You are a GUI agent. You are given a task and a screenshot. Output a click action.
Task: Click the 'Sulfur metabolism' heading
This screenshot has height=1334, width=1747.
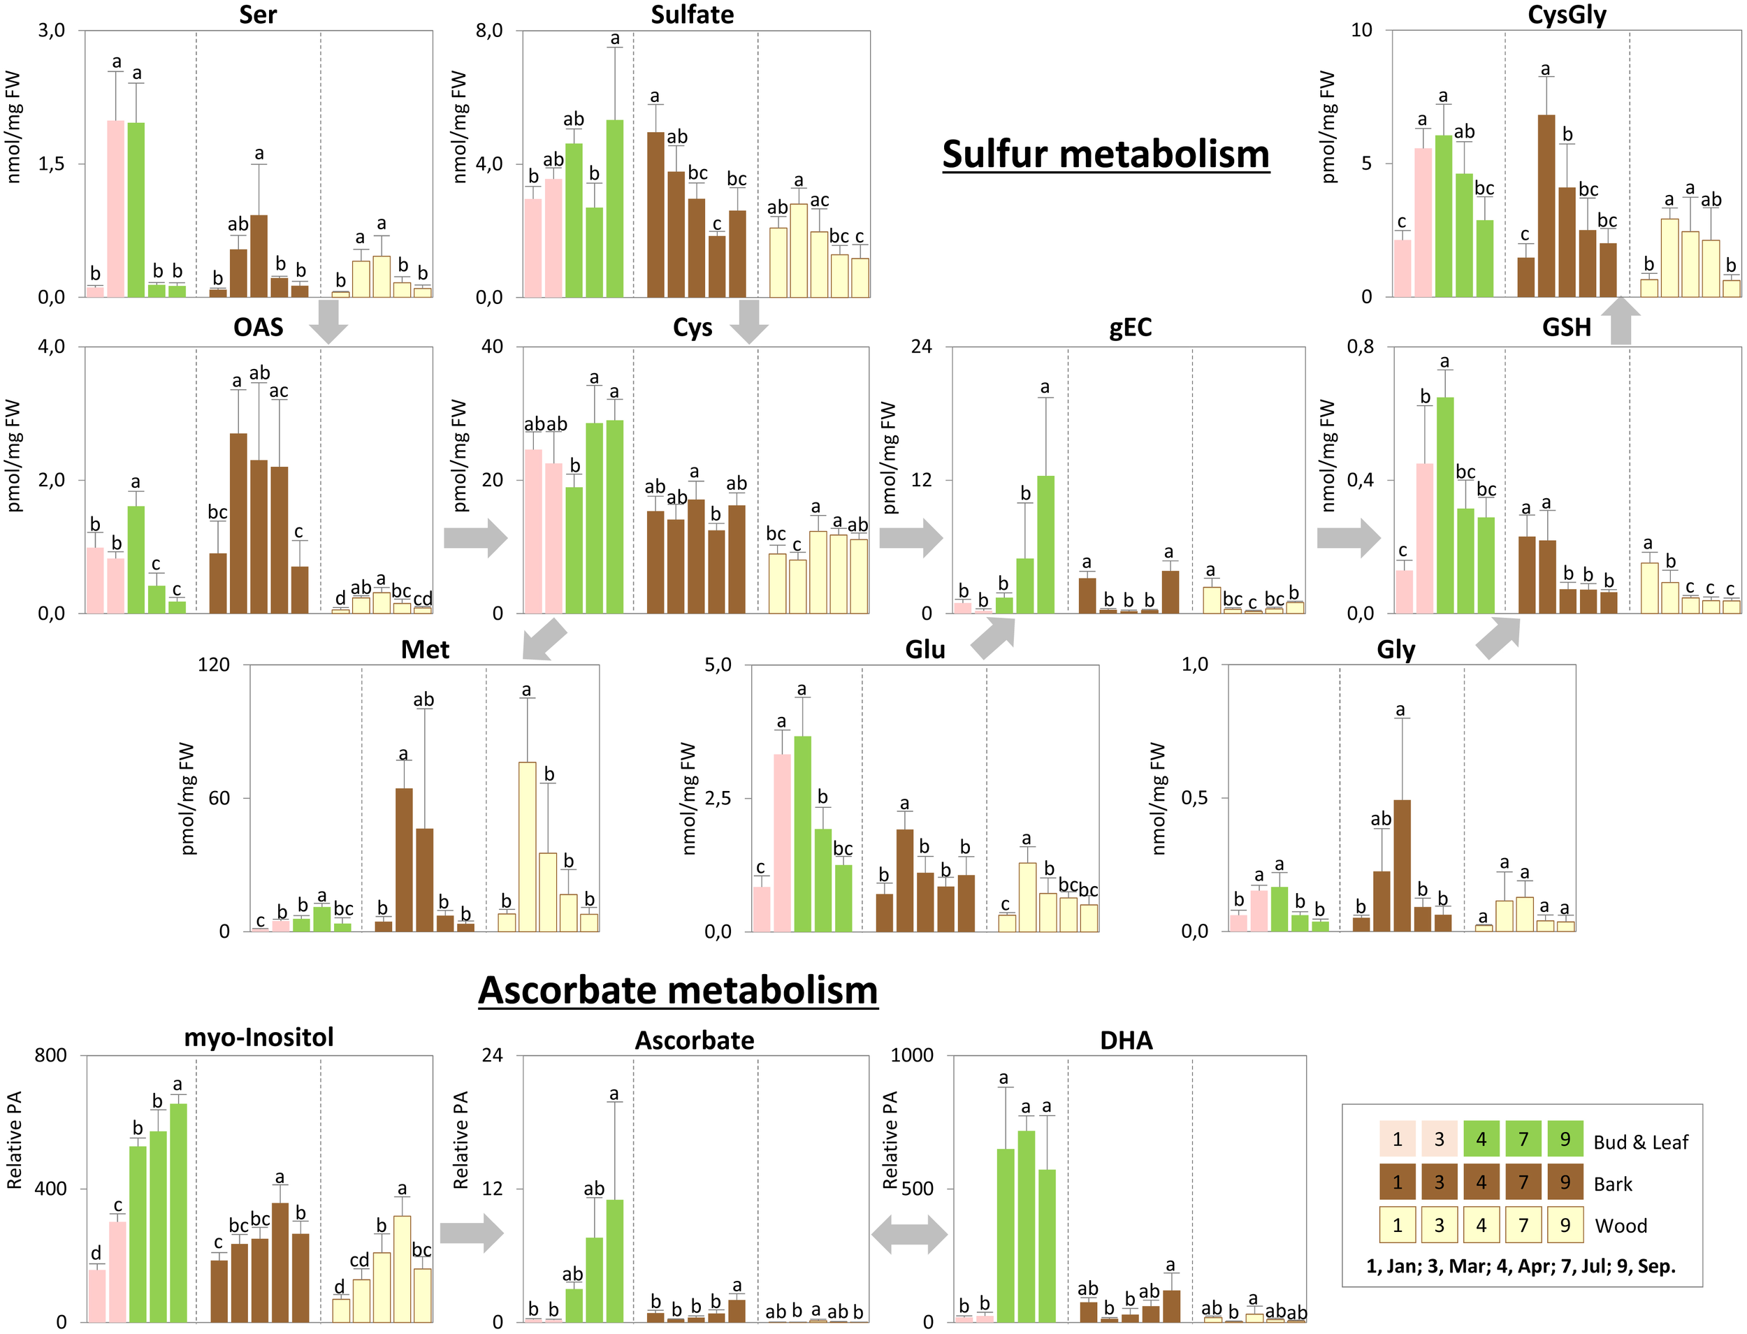(1106, 153)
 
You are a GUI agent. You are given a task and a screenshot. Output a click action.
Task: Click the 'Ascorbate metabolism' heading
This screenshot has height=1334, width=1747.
(677, 990)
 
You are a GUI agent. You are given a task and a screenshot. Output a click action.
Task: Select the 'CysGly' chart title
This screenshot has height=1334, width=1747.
(1566, 14)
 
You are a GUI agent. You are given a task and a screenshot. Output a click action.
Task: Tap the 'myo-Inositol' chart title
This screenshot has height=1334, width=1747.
(259, 1037)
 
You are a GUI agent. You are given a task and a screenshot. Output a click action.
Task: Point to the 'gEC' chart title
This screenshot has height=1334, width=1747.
(1129, 327)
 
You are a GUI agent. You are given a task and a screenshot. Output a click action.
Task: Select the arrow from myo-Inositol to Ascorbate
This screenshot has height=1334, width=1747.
(472, 1233)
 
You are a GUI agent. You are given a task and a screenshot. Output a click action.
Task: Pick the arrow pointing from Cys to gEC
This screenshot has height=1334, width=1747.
(911, 538)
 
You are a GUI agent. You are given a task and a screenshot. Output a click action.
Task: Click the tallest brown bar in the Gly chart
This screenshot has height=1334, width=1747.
(1402, 866)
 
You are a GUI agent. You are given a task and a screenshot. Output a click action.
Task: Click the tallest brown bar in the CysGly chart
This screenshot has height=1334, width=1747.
(1545, 206)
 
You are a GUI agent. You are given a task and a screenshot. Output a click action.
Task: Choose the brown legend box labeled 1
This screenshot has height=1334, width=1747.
(1398, 1182)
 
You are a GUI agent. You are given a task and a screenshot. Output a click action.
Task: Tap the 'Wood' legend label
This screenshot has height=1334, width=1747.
(1621, 1226)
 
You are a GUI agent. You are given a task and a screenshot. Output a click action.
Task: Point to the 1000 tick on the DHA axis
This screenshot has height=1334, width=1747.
(912, 1055)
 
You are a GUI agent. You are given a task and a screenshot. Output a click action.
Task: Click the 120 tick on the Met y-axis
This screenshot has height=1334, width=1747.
(214, 665)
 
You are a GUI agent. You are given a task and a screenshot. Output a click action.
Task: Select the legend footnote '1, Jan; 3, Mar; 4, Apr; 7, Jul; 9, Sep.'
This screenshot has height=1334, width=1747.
(1520, 1266)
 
